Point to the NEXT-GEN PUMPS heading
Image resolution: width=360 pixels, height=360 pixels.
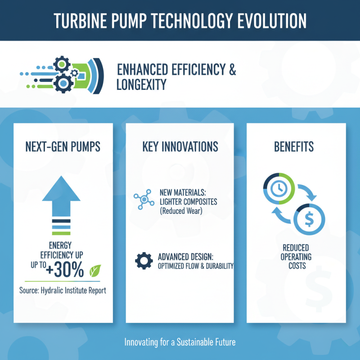coord(63,147)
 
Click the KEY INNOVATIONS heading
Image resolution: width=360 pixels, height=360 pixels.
coord(180,147)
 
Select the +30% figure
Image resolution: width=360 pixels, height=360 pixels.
coord(66,270)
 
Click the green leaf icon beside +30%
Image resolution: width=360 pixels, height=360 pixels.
coord(95,271)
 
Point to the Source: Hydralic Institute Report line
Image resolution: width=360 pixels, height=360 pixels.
coord(63,290)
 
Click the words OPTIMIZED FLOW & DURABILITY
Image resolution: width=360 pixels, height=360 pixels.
coord(196,266)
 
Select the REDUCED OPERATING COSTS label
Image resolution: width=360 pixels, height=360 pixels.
coord(297,256)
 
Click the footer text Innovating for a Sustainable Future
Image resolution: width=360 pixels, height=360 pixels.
coord(180,342)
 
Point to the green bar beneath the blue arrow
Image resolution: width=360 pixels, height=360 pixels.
coord(61,233)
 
